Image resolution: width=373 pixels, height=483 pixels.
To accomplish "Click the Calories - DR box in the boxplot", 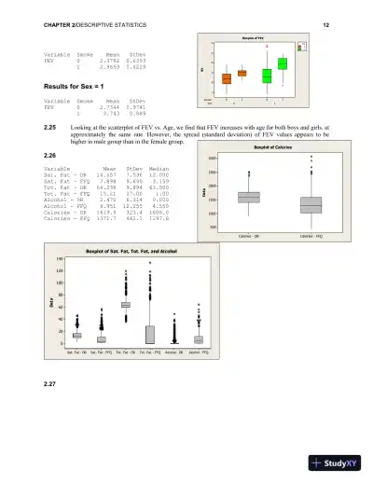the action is point(248,197).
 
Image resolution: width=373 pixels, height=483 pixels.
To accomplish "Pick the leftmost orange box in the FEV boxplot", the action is point(227,78).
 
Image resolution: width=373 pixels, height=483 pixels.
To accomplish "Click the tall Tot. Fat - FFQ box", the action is point(150,334).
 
